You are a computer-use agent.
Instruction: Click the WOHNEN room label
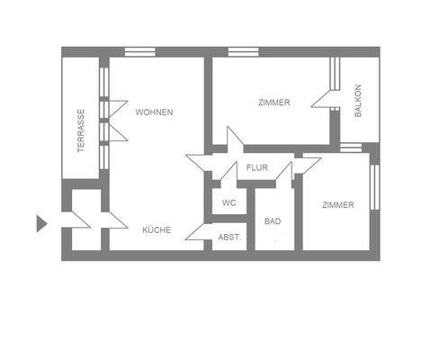point(154,112)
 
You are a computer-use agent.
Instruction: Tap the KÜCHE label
point(157,230)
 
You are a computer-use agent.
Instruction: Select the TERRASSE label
point(81,130)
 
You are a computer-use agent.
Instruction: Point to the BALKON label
point(358,101)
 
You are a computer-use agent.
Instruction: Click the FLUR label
point(258,167)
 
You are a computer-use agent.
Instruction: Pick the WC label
point(229,203)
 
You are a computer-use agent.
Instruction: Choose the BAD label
point(273,221)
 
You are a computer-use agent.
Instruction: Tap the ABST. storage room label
point(229,238)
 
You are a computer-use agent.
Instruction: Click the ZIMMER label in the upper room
point(273,103)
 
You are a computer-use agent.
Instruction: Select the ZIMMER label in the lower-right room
point(337,205)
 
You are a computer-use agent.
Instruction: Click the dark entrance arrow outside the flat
point(40,223)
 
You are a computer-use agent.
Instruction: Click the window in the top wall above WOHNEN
point(139,51)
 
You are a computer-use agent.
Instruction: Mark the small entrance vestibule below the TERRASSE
point(85,220)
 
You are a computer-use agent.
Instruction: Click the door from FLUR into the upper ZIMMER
point(233,140)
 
